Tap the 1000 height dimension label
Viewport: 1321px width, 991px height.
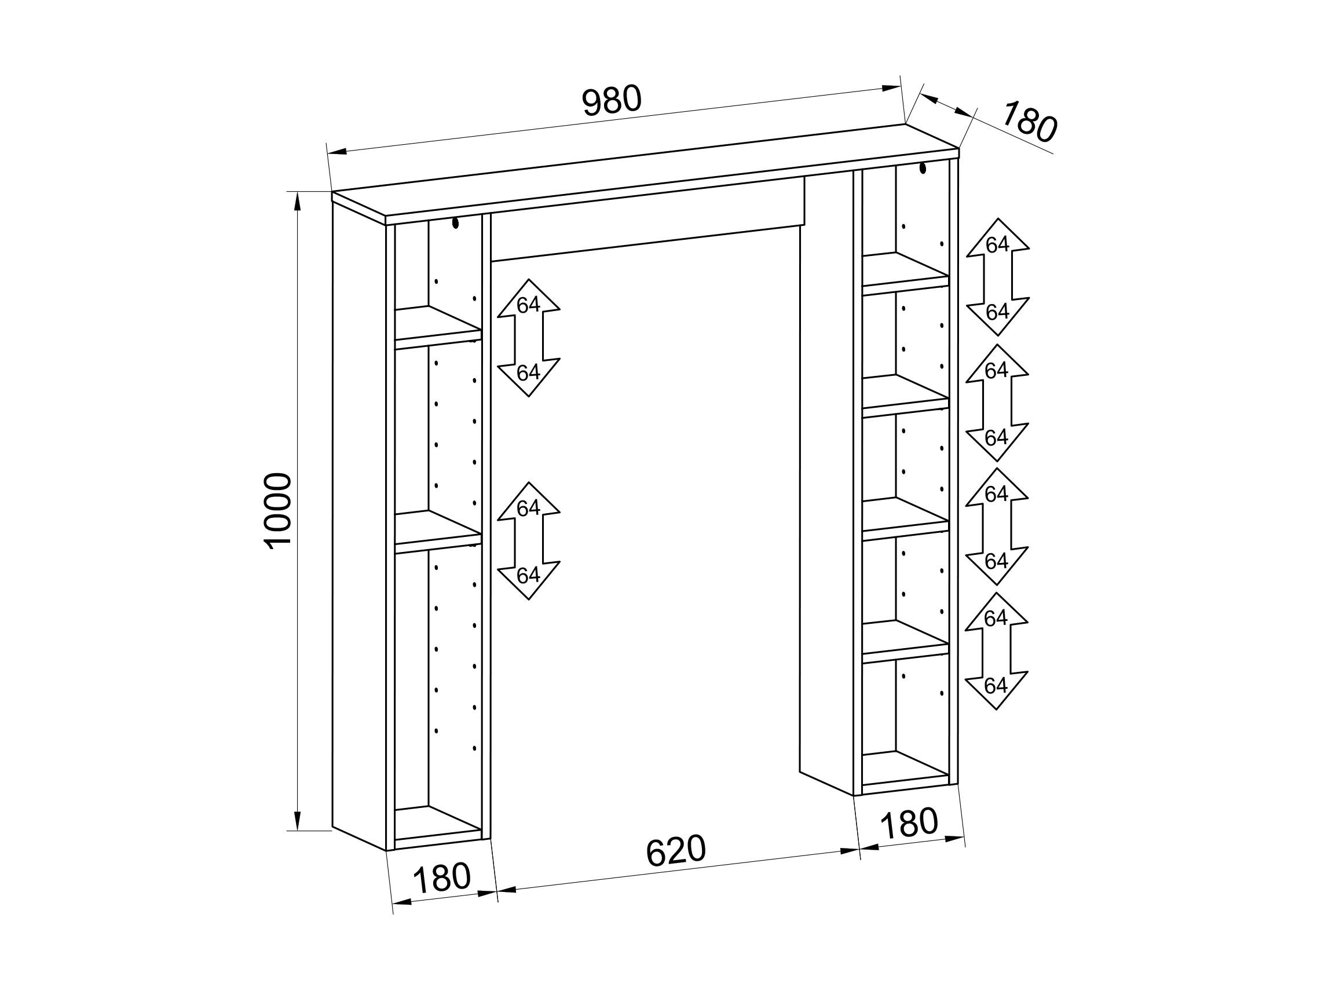tap(278, 511)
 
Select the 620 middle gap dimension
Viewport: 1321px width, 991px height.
tap(676, 850)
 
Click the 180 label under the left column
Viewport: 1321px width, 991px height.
tap(442, 877)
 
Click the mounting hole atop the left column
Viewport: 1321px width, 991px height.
tap(456, 224)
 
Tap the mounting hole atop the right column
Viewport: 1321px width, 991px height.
tap(923, 168)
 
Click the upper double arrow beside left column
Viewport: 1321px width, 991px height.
tap(529, 338)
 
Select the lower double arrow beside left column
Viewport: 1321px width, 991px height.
tap(529, 540)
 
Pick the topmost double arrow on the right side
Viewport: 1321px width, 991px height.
tap(997, 277)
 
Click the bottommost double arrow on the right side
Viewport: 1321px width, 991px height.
tap(996, 651)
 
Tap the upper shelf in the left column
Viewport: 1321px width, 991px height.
tap(438, 327)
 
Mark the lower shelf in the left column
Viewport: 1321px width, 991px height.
tap(438, 531)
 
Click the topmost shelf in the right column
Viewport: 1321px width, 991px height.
tap(905, 273)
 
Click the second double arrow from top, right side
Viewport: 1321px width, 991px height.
tap(997, 403)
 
